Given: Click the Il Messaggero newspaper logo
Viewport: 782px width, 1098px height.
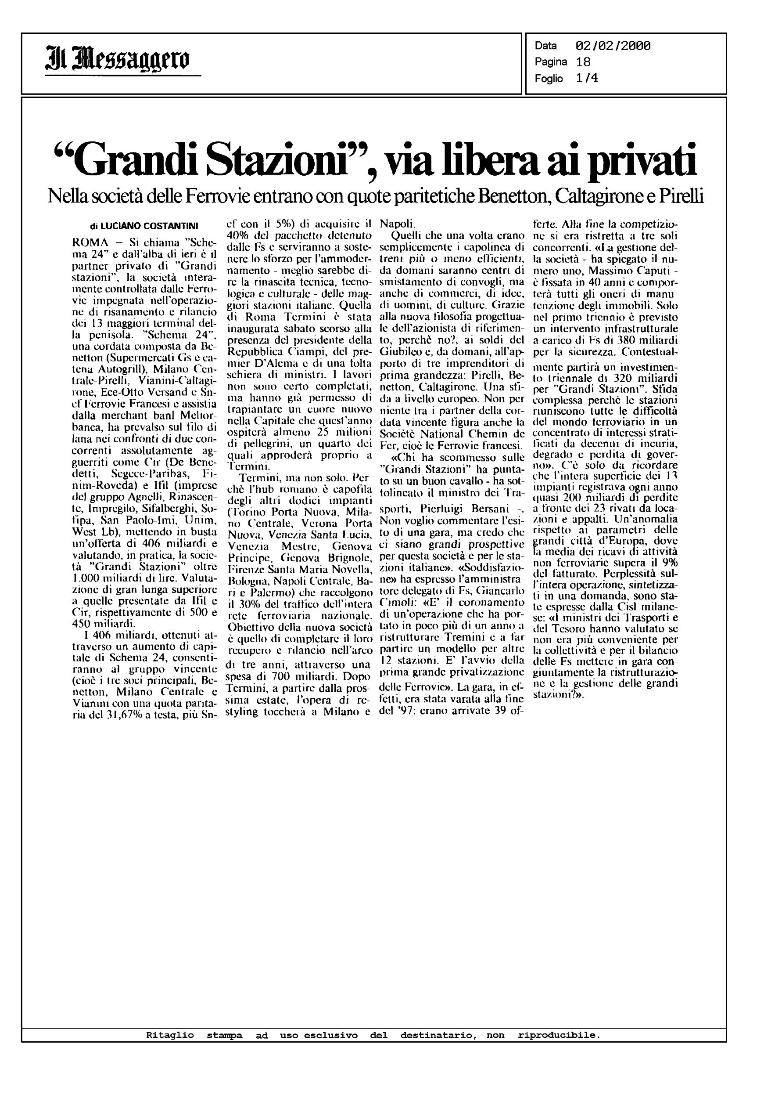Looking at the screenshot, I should (x=118, y=61).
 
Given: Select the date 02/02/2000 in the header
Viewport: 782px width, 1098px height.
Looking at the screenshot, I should (x=613, y=46).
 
